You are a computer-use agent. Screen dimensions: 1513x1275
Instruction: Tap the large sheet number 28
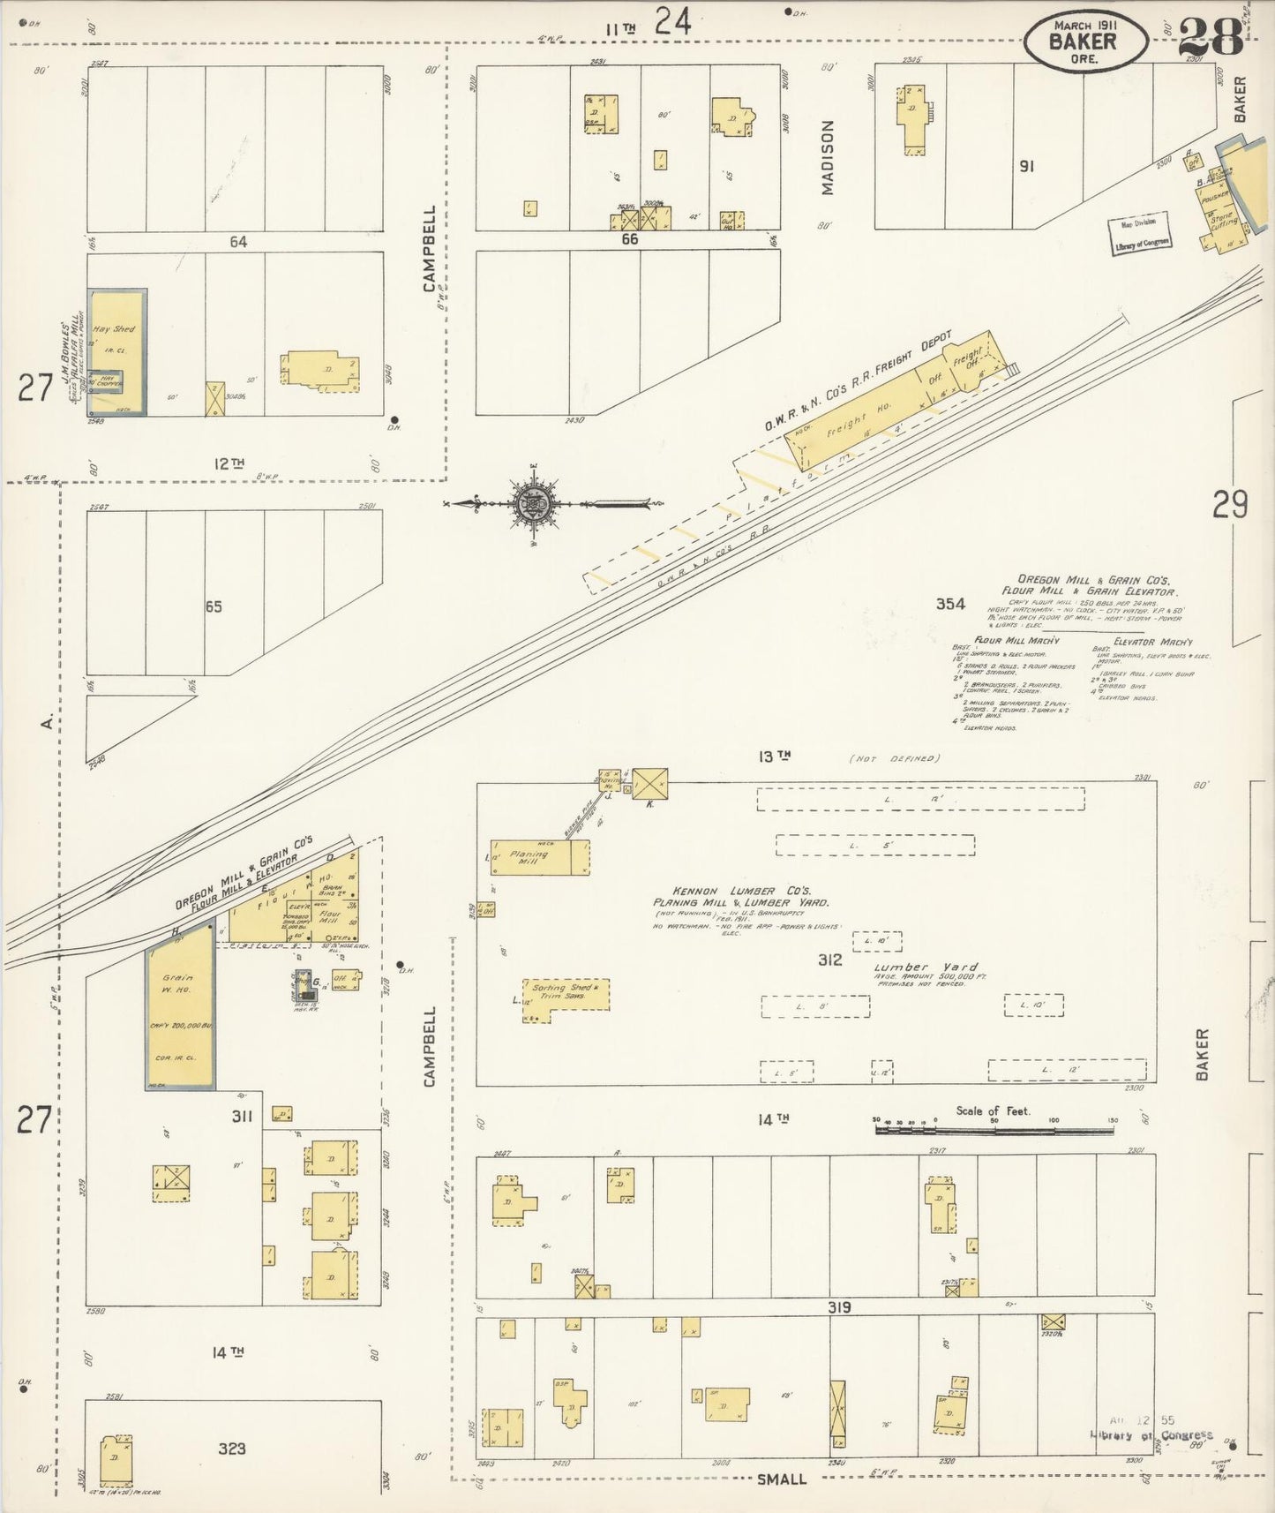click(x=1211, y=37)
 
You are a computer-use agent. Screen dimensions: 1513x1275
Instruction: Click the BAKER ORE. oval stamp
click(x=1085, y=41)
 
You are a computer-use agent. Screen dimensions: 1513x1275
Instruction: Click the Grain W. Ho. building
click(x=179, y=1006)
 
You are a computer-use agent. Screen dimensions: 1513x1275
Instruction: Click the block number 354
click(x=950, y=605)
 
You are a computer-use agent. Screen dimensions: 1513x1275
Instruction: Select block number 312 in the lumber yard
click(x=829, y=960)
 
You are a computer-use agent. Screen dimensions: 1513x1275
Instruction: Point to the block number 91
click(x=1025, y=165)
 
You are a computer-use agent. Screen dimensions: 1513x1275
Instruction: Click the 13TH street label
click(x=773, y=756)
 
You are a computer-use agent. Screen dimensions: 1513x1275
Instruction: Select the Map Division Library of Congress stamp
click(x=1140, y=232)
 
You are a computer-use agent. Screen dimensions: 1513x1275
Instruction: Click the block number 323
click(x=232, y=1448)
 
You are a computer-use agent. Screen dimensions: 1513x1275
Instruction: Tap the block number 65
click(x=213, y=606)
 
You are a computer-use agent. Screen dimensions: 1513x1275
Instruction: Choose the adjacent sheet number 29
click(x=1229, y=505)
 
